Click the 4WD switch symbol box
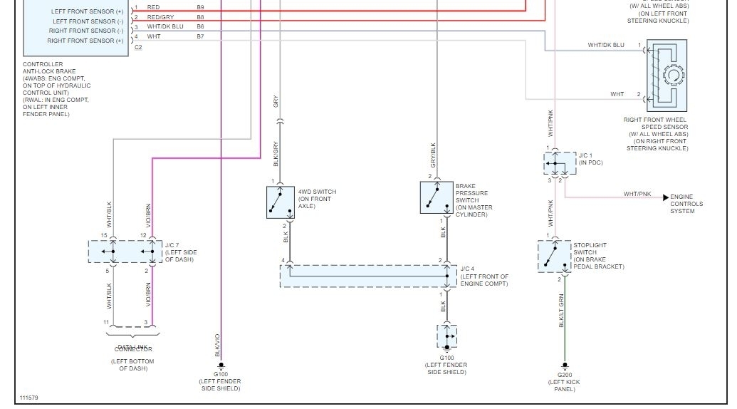(x=280, y=202)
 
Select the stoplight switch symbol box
(x=554, y=257)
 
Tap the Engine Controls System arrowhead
(x=666, y=197)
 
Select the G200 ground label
(x=565, y=375)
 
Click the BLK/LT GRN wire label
(x=561, y=311)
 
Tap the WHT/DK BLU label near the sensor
(x=606, y=45)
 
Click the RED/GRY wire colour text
(x=160, y=16)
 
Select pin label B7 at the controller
(x=200, y=36)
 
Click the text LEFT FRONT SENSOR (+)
(x=87, y=11)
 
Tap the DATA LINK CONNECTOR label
(x=133, y=348)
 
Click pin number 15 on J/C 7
(x=104, y=235)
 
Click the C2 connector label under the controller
(x=138, y=47)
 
